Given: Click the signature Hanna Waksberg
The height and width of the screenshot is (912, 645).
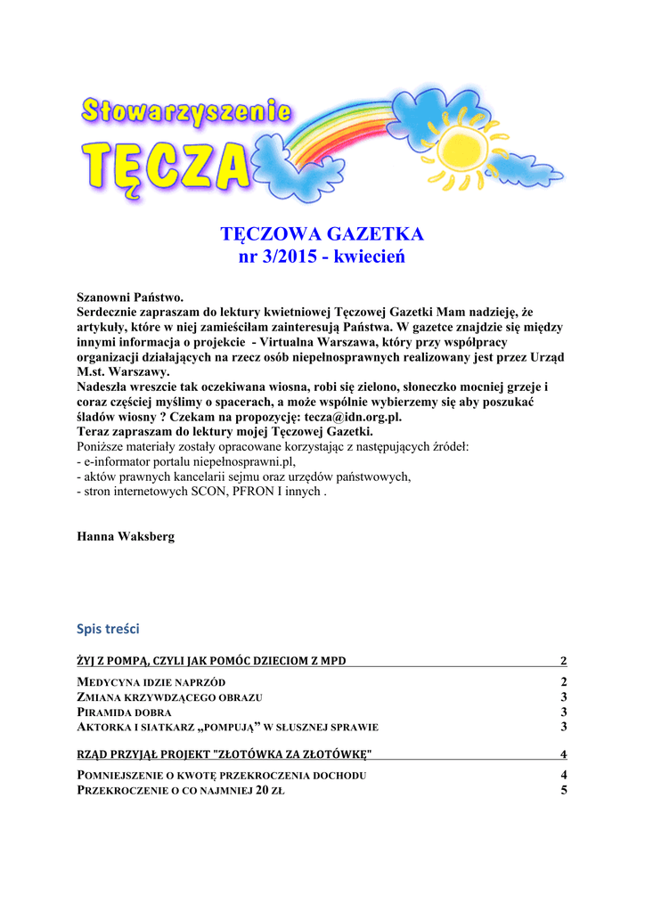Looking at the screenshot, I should pos(125,537).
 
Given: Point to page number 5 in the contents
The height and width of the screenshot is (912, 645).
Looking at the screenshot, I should pos(564,791).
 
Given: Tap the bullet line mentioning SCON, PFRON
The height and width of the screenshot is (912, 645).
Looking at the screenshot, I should pos(201,492).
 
